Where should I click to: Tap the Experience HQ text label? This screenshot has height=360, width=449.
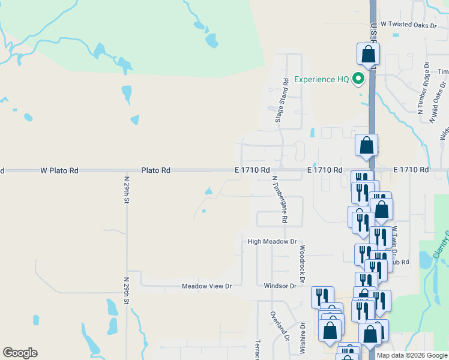point(321,80)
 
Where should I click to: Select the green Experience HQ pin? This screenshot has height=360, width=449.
point(359,79)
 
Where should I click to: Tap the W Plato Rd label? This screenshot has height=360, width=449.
point(59,170)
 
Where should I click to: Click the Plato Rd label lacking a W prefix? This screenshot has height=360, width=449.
point(156,170)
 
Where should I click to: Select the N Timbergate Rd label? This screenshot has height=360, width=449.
point(280,199)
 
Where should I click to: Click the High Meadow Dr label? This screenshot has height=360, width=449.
point(273,242)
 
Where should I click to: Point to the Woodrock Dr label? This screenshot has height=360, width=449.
point(303,264)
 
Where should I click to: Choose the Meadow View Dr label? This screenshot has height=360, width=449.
point(206,286)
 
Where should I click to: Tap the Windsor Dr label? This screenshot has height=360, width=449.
point(280,286)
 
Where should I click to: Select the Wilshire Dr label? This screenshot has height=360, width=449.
point(303,338)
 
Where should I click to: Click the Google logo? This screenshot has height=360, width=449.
point(20,353)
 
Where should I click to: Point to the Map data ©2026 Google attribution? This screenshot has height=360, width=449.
point(412,355)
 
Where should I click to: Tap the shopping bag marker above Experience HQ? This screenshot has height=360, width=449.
point(368,54)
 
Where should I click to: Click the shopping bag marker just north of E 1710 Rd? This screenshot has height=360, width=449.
point(366,146)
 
